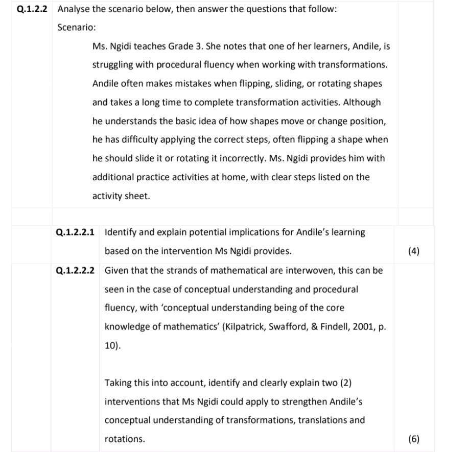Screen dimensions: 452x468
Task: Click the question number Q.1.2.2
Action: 32,9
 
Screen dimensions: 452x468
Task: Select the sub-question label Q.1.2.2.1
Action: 76,232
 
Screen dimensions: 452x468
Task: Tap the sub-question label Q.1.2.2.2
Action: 76,270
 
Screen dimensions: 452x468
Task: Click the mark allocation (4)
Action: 414,251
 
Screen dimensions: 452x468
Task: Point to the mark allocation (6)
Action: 414,439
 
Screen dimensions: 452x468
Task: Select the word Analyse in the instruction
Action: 74,9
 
